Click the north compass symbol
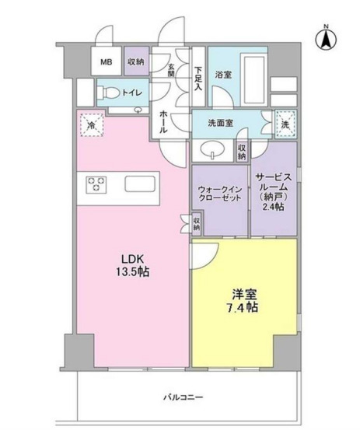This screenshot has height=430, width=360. tap(326, 38)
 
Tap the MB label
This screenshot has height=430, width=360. tap(106, 62)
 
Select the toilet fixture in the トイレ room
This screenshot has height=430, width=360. tap(108, 93)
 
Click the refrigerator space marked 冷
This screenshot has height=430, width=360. tap(92, 125)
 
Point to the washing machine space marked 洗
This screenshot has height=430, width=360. tap(285, 124)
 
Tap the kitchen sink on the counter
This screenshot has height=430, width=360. tap(140, 184)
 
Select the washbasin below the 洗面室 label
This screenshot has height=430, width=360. tap(213, 150)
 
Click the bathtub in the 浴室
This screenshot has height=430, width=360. tap(253, 79)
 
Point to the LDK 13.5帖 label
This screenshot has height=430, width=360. tap(133, 265)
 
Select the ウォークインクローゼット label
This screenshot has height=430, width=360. tap(219, 194)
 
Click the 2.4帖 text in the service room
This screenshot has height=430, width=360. tap(273, 207)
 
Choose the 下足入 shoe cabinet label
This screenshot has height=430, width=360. tap(198, 79)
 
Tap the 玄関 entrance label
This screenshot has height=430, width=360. tap(171, 70)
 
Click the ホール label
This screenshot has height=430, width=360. tap(163, 121)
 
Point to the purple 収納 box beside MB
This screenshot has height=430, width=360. tap(136, 61)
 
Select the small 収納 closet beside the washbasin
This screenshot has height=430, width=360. tap(242, 152)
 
